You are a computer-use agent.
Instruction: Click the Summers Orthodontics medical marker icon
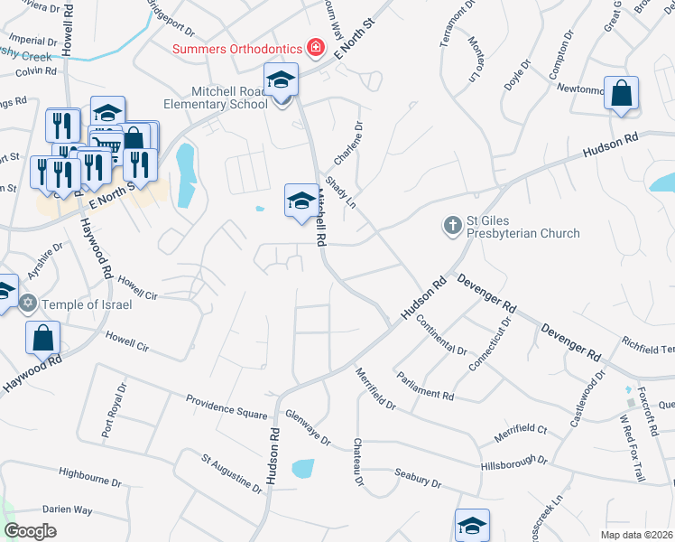[316, 46]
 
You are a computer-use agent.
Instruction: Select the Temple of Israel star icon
[28, 304]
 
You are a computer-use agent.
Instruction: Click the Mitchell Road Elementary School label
[229, 98]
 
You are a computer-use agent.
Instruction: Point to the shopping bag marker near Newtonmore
[622, 94]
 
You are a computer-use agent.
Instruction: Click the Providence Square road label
[227, 406]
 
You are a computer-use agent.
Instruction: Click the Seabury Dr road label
[418, 478]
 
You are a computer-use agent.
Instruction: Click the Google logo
[30, 531]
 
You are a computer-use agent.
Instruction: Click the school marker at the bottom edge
[472, 525]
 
